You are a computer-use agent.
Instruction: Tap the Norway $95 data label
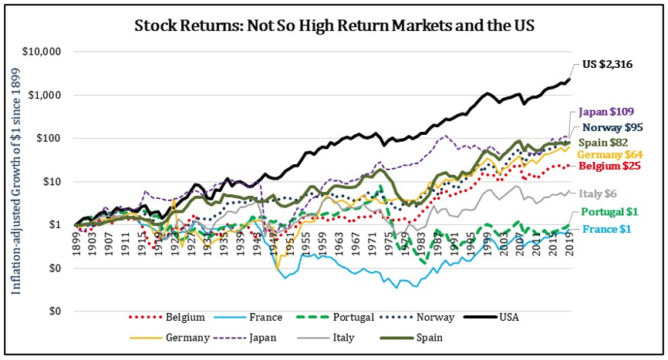[x=612, y=127]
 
